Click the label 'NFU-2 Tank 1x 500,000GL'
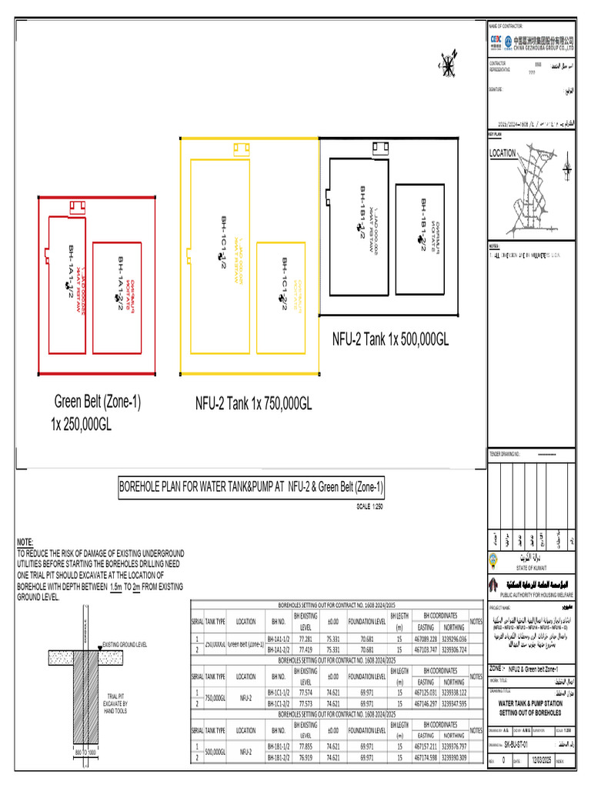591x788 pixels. click(x=390, y=339)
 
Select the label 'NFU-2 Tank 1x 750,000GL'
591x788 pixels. click(x=253, y=403)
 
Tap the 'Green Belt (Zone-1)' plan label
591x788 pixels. click(x=97, y=402)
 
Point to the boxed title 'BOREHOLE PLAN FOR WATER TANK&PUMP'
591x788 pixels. click(x=251, y=486)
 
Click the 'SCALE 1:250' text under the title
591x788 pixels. click(x=369, y=506)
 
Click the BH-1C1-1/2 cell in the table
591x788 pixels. click(x=279, y=692)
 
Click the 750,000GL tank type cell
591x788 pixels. click(x=215, y=697)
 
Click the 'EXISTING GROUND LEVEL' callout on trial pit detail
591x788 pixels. click(x=124, y=644)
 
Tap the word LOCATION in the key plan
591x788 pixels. click(x=503, y=154)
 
